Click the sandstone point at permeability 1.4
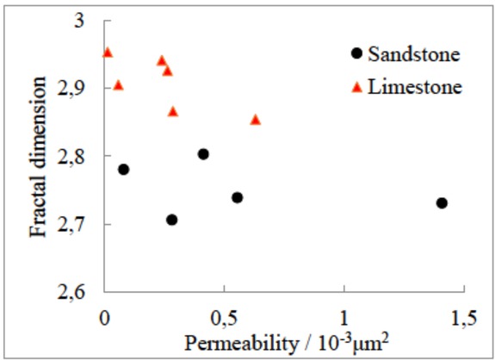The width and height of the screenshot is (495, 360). [x=442, y=203]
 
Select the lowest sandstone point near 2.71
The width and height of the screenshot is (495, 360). [x=171, y=220]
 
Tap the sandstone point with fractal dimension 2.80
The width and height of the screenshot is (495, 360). [x=203, y=154]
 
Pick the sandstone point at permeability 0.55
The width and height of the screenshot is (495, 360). [x=237, y=197]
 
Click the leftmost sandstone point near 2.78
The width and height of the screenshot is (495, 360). [x=123, y=169]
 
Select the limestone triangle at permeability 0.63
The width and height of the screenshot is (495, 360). [x=255, y=120]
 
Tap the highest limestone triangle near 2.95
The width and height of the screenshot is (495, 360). [x=108, y=53]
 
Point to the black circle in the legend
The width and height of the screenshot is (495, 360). [x=356, y=54]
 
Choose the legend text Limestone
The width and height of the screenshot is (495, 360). [x=415, y=87]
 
